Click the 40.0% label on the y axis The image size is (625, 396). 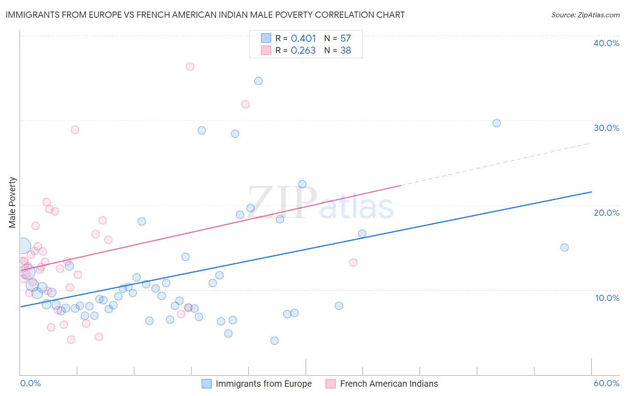(x=606, y=43)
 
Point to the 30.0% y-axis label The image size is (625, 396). (x=606, y=128)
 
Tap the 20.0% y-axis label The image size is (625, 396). (x=606, y=213)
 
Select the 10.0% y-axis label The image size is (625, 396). (x=607, y=298)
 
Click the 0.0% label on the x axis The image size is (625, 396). (x=30, y=383)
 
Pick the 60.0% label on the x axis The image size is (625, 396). (x=606, y=383)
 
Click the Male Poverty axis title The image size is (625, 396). (x=12, y=202)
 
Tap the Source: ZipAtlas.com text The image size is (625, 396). (x=585, y=15)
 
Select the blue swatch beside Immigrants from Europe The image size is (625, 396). (x=207, y=384)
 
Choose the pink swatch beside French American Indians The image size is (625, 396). (x=330, y=384)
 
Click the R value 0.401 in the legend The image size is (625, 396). (x=303, y=39)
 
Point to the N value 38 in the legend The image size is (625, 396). (x=345, y=51)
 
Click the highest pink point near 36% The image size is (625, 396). (x=190, y=67)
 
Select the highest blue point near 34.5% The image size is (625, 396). (x=258, y=81)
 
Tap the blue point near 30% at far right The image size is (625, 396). (x=497, y=123)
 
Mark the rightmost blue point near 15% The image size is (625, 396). (x=565, y=248)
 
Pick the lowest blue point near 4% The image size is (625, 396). (x=274, y=341)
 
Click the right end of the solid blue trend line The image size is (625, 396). (x=591, y=192)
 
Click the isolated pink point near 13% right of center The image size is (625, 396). (x=353, y=262)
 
